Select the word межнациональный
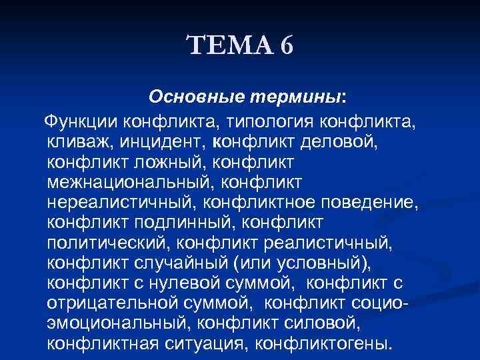click(x=130, y=182)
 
